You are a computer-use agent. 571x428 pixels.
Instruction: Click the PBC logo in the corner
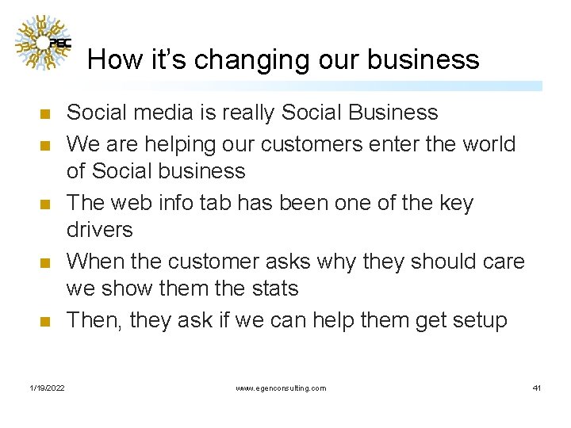click(44, 43)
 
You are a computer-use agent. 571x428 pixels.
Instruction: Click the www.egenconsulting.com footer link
click(281, 388)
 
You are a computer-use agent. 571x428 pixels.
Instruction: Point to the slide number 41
click(537, 388)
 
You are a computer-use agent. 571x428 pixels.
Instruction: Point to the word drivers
click(100, 231)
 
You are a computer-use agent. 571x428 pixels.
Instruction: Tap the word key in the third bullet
click(456, 203)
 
